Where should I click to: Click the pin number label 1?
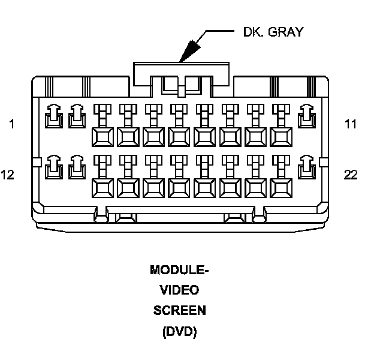[x=11, y=125]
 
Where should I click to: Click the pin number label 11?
[x=351, y=125]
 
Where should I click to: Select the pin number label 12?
[x=8, y=175]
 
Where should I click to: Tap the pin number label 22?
[x=351, y=175]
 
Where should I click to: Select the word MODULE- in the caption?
[x=179, y=271]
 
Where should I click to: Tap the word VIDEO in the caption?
[x=179, y=291]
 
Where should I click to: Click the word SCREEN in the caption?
[x=179, y=311]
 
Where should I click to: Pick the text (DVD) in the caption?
[x=179, y=331]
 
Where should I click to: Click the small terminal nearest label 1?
[x=53, y=116]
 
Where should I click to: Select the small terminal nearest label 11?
[x=306, y=116]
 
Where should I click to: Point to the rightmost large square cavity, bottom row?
[x=281, y=188]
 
